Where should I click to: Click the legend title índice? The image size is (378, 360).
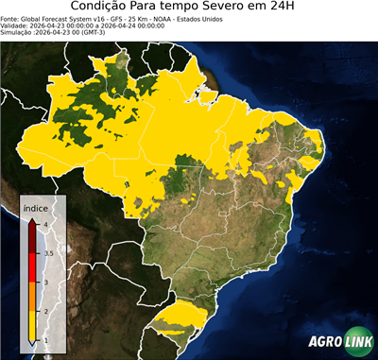click(x=36, y=207)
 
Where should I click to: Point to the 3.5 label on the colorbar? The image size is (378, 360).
click(x=47, y=253)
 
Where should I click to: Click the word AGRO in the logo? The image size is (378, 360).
click(x=324, y=342)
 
